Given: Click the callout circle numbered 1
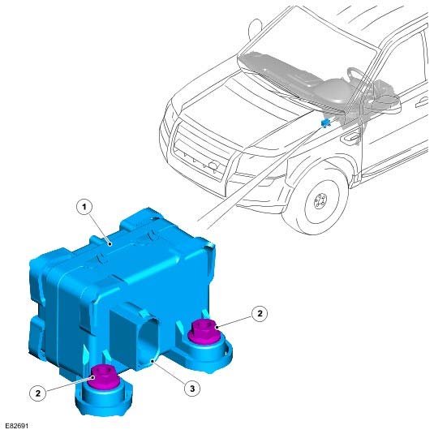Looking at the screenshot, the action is tap(84, 207).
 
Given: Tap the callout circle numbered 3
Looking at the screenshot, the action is tap(192, 389).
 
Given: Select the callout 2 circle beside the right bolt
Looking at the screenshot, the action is tap(260, 313).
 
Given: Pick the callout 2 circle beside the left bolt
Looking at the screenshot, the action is tap(37, 393).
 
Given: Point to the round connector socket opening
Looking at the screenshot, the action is tap(149, 342).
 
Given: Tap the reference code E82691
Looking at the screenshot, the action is tap(17, 426).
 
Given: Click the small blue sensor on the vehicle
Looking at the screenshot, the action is tap(326, 122).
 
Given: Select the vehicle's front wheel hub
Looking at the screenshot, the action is tap(320, 201).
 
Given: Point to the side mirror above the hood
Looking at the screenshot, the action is tap(256, 28).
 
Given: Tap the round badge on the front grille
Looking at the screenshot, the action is tap(213, 165).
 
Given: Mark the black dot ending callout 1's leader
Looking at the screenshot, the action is tap(110, 244).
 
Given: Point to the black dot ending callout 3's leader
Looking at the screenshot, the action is tap(153, 361).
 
